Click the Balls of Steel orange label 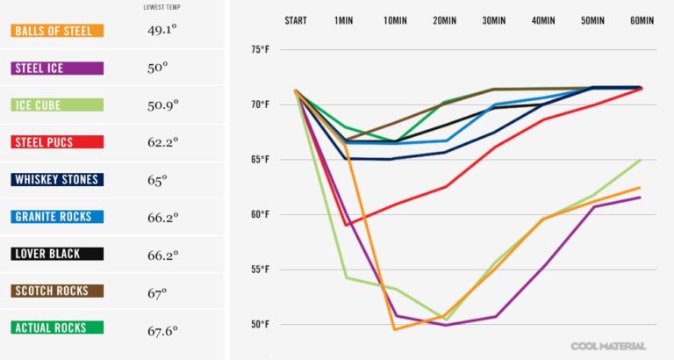[x=57, y=31]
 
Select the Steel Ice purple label [x=57, y=68]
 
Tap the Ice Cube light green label [x=57, y=105]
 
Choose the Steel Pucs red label [x=57, y=142]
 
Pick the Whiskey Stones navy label [x=57, y=179]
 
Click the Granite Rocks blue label [x=57, y=217]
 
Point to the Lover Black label [x=57, y=254]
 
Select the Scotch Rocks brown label [x=57, y=291]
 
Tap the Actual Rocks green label [x=57, y=328]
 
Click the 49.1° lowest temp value [x=162, y=30]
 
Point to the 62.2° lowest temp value [x=162, y=141]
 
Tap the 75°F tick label [x=260, y=50]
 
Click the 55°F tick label [x=260, y=270]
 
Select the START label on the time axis [x=296, y=20]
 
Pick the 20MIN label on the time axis [x=444, y=20]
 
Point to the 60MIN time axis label [x=642, y=20]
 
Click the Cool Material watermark [x=608, y=346]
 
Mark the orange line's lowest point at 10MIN [x=395, y=329]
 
